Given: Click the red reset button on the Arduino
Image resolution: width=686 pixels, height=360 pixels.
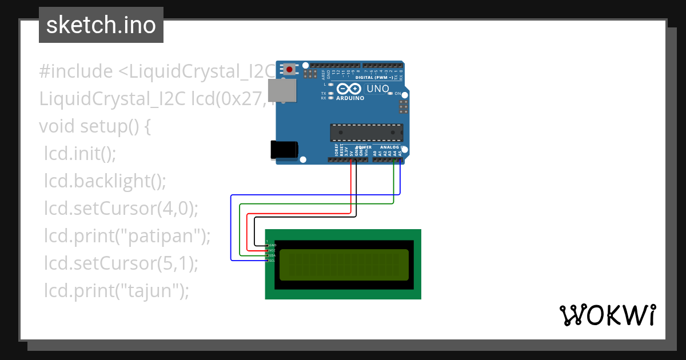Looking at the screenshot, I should click(x=290, y=70).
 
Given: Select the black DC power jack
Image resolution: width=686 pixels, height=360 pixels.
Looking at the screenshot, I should click(x=284, y=150).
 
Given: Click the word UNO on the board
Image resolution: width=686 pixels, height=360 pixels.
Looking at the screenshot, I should click(x=377, y=89).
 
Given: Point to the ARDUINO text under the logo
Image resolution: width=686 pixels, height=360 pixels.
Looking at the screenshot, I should click(x=350, y=98).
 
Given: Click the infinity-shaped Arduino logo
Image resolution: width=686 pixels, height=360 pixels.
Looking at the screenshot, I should click(x=349, y=89).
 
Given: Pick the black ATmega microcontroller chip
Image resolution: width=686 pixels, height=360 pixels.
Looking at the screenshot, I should click(x=366, y=132).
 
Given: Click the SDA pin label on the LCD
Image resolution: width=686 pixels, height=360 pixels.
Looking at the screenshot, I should click(x=272, y=255).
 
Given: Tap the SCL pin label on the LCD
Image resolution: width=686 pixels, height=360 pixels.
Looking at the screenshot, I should click(x=272, y=261).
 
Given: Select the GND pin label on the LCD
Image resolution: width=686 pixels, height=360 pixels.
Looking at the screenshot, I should click(x=272, y=245).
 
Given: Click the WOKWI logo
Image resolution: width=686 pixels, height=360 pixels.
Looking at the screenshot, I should click(x=607, y=315).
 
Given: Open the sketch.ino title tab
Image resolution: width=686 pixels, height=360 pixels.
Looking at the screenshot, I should click(x=101, y=25).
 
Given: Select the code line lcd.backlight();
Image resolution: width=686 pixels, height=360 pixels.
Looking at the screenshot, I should click(x=105, y=181).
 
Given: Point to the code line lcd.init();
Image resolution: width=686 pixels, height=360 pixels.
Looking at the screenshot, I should click(x=80, y=154).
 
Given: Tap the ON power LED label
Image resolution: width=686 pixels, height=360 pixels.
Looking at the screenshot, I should click(x=397, y=93).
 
